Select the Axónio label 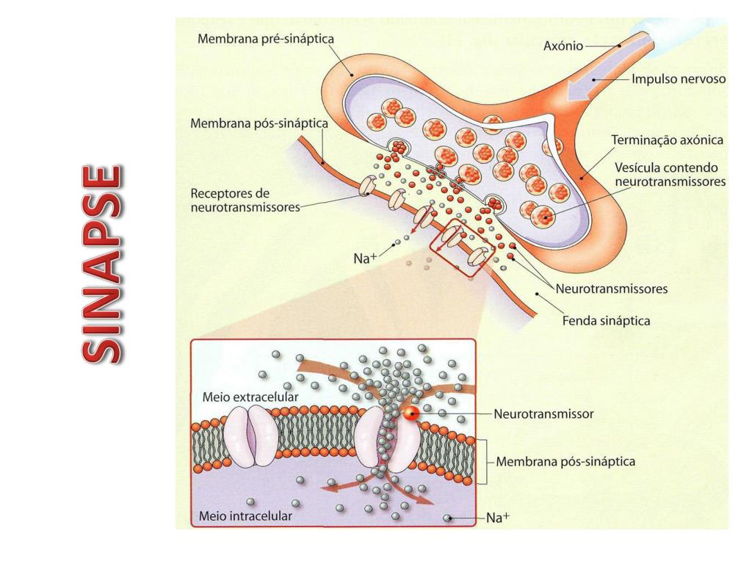pyautogui.click(x=563, y=46)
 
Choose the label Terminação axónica pyautogui.click(x=668, y=139)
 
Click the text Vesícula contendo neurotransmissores pyautogui.click(x=666, y=173)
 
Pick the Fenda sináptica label pyautogui.click(x=606, y=321)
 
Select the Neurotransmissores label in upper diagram pyautogui.click(x=612, y=289)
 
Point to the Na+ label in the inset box pyautogui.click(x=498, y=518)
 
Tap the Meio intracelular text pyautogui.click(x=245, y=516)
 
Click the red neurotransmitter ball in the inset pyautogui.click(x=413, y=413)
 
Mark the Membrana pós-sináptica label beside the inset pyautogui.click(x=565, y=462)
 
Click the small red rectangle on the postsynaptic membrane pyautogui.click(x=464, y=247)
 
